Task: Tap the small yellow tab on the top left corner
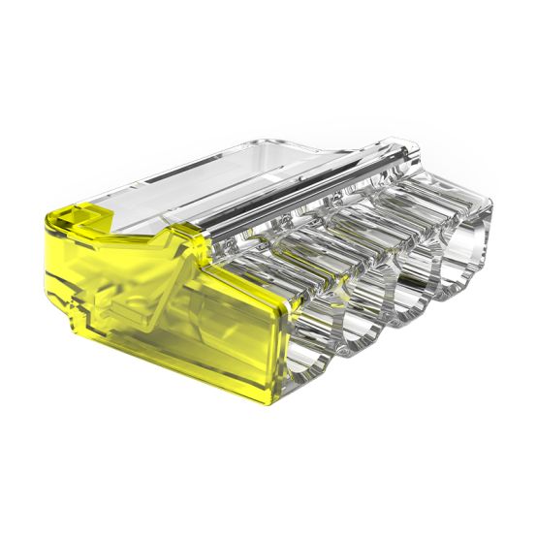click(68, 202)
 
